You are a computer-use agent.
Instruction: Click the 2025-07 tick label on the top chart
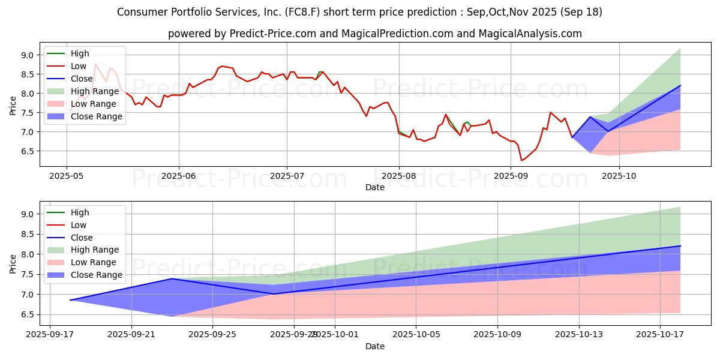287,176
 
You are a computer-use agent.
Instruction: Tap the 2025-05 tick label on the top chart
66,176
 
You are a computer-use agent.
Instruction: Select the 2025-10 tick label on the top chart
619,176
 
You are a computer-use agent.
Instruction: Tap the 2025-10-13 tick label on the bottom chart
579,335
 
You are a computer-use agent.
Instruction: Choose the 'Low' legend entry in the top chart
78,66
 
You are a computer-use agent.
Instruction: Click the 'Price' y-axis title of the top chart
13,104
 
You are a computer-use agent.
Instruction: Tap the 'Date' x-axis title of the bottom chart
374,346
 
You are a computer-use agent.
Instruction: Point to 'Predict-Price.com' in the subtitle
273,34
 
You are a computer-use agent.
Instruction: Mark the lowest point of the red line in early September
521,161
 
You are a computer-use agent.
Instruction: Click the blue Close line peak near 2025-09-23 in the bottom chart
172,278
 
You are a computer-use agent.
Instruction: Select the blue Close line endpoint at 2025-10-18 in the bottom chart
680,246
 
